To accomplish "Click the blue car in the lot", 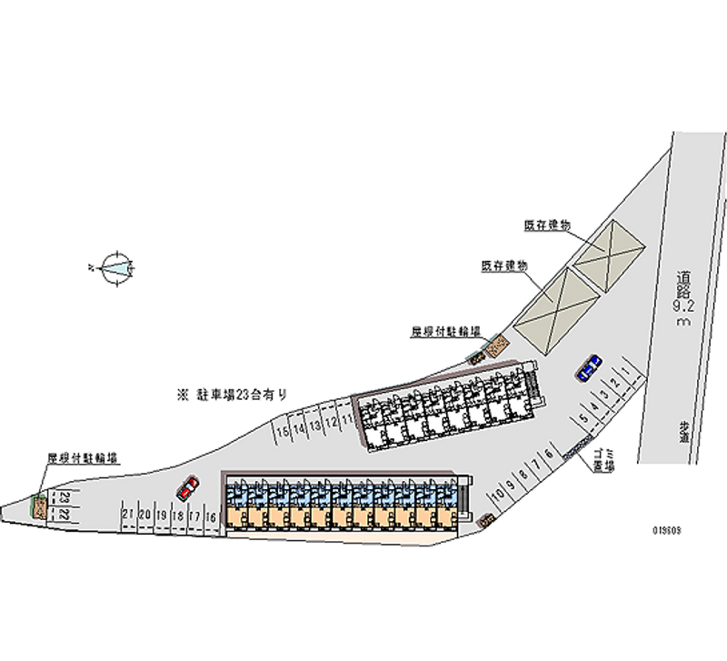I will click(589, 366).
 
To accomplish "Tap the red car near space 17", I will click(188, 488).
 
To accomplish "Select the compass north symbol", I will click(118, 267).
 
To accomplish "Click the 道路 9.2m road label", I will click(683, 301).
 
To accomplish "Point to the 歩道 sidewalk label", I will click(683, 430).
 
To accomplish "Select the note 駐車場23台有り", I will click(233, 395).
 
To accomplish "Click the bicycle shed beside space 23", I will click(40, 506).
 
